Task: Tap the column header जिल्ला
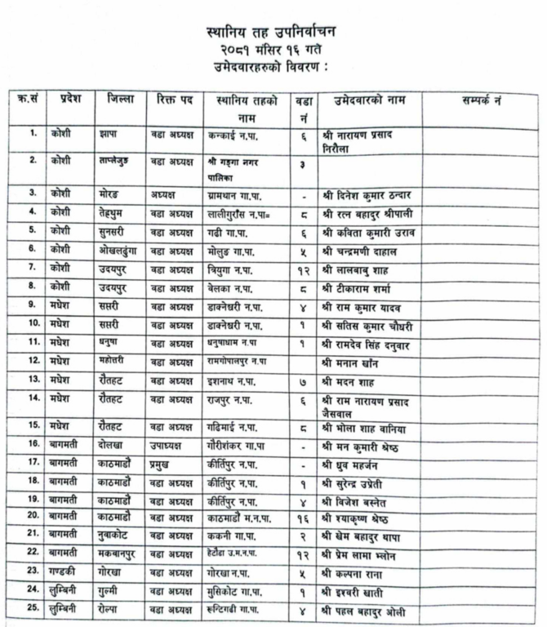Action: coord(120,100)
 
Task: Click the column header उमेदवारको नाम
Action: coord(369,101)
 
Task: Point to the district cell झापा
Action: coord(107,132)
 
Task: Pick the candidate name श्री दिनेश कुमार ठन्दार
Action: coord(370,194)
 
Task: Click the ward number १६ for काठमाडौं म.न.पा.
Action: coord(303,519)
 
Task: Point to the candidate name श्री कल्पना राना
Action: coord(357,574)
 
